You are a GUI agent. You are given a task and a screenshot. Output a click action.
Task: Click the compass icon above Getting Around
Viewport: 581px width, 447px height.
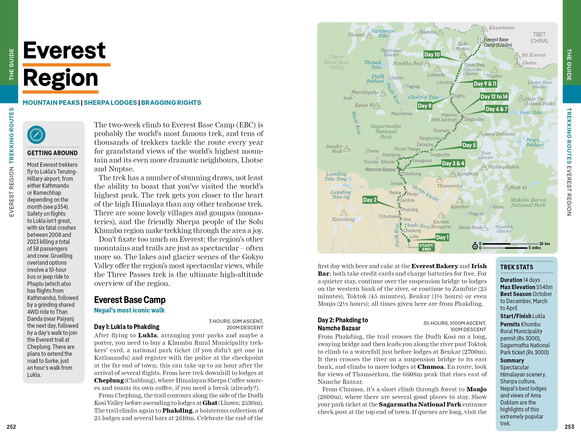[x=36, y=135]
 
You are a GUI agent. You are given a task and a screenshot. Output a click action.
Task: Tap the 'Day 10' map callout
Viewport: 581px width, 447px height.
[x=432, y=55]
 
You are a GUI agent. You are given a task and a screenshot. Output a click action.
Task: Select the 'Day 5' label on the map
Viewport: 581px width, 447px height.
[x=469, y=145]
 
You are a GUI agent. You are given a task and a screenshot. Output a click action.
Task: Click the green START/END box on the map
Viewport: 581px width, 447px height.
[x=427, y=247]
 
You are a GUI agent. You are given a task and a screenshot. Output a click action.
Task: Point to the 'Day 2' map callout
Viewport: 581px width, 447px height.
[x=370, y=200]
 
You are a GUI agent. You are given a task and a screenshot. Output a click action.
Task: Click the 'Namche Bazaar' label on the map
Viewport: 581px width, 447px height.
[x=380, y=169]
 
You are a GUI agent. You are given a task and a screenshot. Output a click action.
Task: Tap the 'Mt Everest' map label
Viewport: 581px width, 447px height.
[x=533, y=55]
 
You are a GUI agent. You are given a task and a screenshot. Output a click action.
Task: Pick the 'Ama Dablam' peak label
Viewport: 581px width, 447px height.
[x=499, y=134]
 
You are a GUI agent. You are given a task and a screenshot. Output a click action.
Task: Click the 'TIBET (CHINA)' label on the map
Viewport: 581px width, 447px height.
[x=539, y=38]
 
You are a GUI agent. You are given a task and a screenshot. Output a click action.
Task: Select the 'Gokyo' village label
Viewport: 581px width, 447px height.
[x=398, y=78]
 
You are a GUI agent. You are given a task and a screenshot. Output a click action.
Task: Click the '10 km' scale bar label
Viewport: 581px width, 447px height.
[x=544, y=244]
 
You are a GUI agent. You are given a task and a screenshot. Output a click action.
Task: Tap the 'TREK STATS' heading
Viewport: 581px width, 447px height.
[x=516, y=267]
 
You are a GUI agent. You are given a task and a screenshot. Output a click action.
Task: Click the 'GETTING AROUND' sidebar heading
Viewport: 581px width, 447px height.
[x=52, y=153]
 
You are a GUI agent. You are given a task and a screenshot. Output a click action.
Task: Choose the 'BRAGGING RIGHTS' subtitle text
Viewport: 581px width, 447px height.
[x=171, y=103]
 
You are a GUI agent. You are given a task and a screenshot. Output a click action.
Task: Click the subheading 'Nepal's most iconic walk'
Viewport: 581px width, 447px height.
[x=129, y=310]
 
